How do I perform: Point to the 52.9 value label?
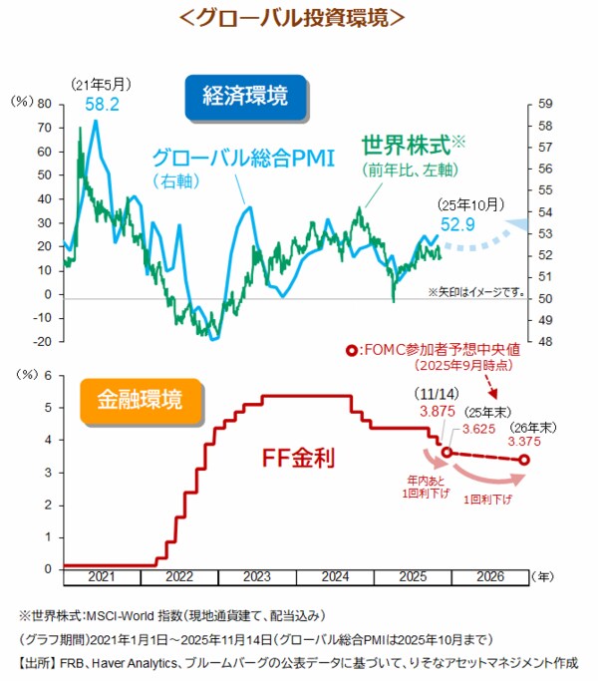coord(470,223)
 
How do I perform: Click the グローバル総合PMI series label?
coord(241,158)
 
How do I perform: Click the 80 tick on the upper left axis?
coord(44,104)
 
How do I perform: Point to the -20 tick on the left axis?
coord(40,342)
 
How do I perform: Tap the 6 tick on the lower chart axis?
coord(46,375)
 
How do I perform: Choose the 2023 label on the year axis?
coord(256,577)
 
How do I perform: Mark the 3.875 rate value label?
coord(437,410)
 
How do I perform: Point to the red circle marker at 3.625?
coord(448,452)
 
